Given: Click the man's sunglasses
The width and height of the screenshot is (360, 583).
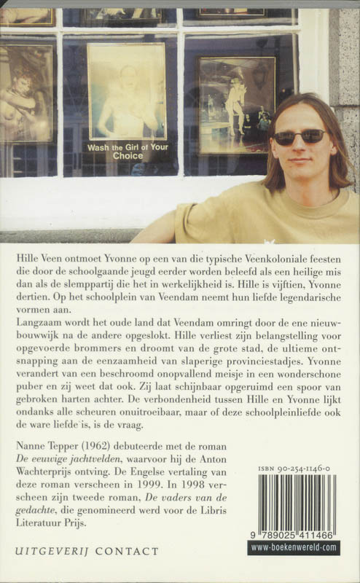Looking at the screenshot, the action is pyautogui.click(x=300, y=136).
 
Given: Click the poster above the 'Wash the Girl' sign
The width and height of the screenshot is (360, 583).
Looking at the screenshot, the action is pyautogui.click(x=127, y=91).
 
